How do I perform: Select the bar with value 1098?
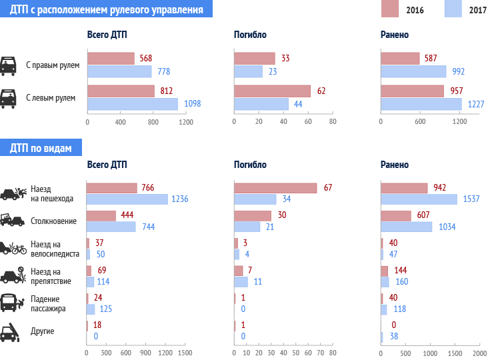coord(133,104)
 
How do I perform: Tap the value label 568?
coord(146,59)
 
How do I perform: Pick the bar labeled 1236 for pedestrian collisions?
coord(127,199)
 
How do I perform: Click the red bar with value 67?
coord(275,188)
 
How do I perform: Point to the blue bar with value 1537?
coord(419,199)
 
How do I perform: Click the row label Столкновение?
coord(54,221)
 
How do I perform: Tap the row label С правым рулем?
coord(53,65)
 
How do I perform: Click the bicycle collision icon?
coord(13,249)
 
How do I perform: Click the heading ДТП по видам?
coord(41,148)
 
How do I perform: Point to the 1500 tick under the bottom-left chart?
coord(185,352)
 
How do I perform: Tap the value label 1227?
coord(475,104)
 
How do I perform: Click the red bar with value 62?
coord(273,91)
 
